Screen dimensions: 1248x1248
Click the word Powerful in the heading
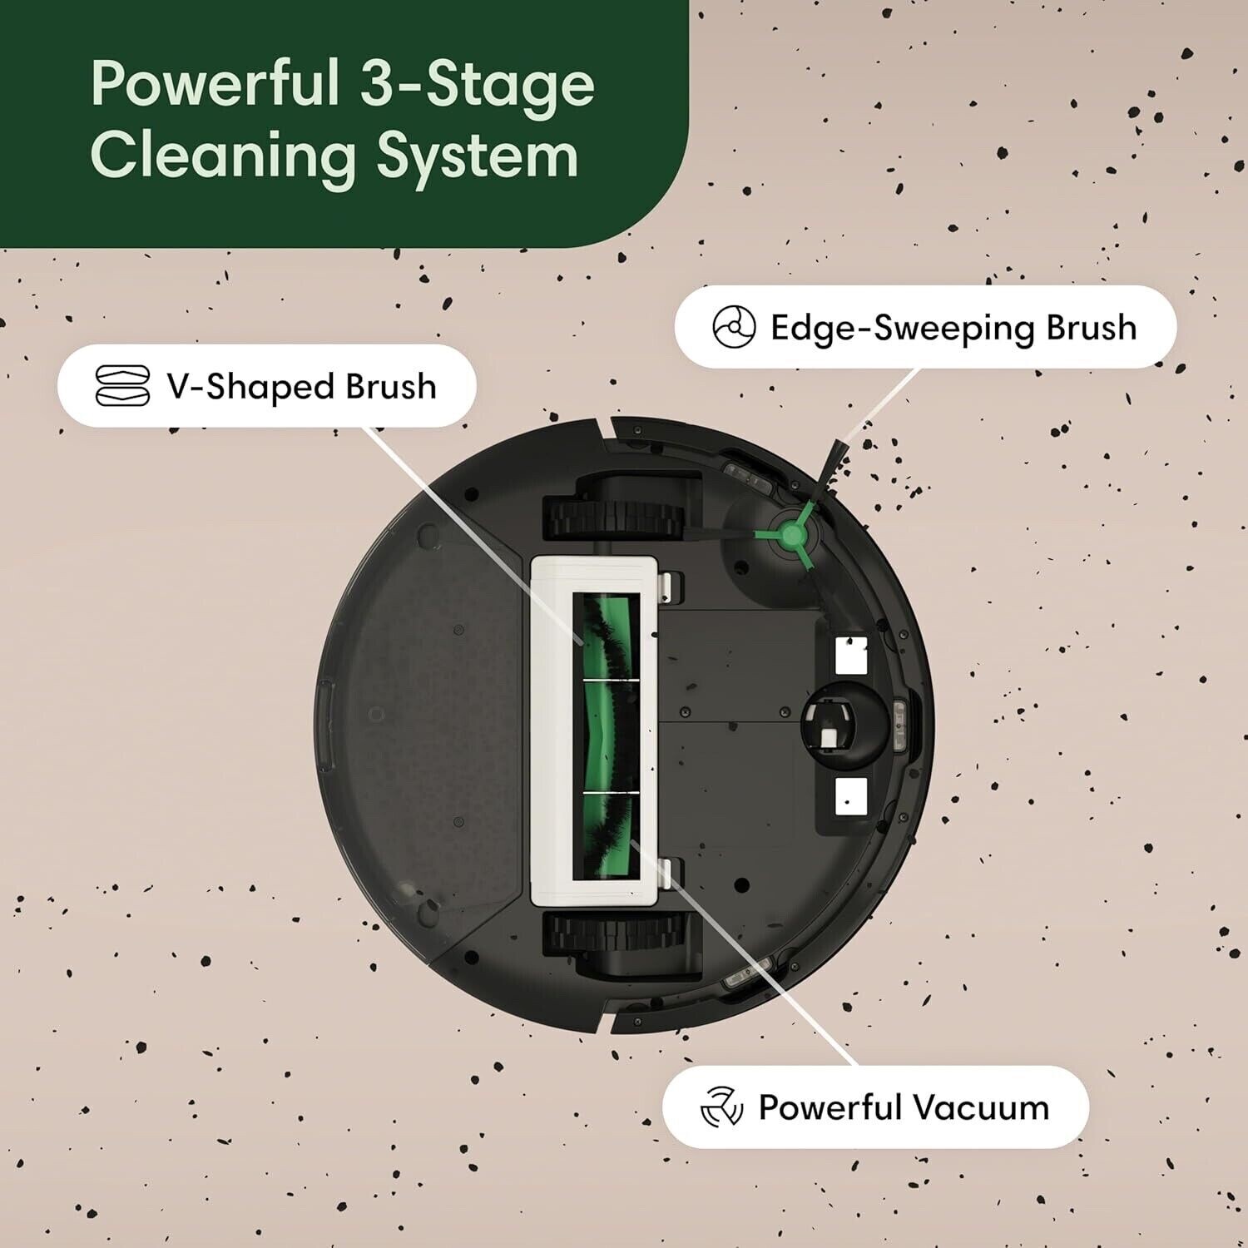[x=215, y=85]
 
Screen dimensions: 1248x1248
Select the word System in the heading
[x=477, y=156]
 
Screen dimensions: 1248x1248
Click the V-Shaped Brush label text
[x=301, y=387]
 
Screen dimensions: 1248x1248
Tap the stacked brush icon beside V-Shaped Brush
[x=122, y=386]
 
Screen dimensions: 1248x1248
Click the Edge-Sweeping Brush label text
[x=953, y=328]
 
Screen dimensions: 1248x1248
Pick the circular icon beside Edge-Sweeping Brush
[x=734, y=327]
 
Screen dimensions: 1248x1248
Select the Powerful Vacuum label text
[x=903, y=1108]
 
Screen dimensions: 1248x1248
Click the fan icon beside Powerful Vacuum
[x=721, y=1107]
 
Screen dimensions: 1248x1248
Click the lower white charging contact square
[x=850, y=797]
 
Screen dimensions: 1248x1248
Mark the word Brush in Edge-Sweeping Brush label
[x=1091, y=328]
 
